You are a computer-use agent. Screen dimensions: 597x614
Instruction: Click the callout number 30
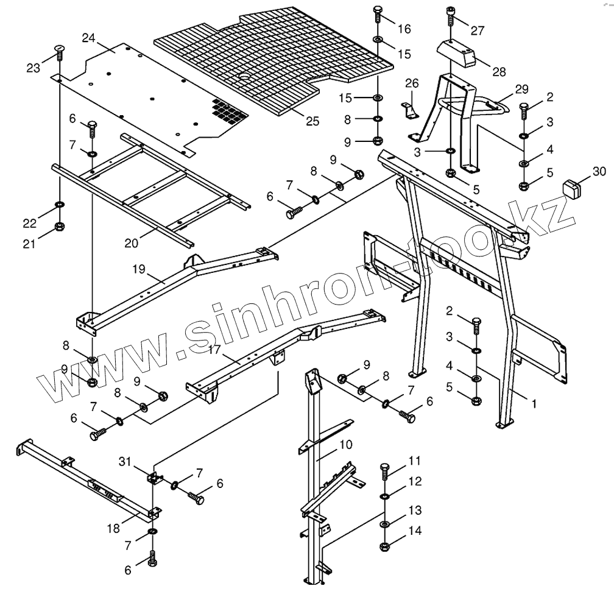pyautogui.click(x=599, y=171)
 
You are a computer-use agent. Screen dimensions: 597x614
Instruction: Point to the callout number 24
pyautogui.click(x=89, y=38)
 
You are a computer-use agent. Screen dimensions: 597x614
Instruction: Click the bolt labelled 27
pyautogui.click(x=450, y=16)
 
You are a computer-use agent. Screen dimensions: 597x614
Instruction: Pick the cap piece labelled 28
pyautogui.click(x=457, y=53)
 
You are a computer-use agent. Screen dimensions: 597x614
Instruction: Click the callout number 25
pyautogui.click(x=312, y=121)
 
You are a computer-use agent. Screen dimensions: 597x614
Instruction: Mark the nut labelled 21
pyautogui.click(x=60, y=227)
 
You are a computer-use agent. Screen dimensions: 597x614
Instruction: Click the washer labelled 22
pyautogui.click(x=60, y=203)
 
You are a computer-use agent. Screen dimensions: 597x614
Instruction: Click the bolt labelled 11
pyautogui.click(x=385, y=472)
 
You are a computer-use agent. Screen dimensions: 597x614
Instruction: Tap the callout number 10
pyautogui.click(x=345, y=445)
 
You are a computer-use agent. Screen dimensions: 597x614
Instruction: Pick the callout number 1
pyautogui.click(x=534, y=403)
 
